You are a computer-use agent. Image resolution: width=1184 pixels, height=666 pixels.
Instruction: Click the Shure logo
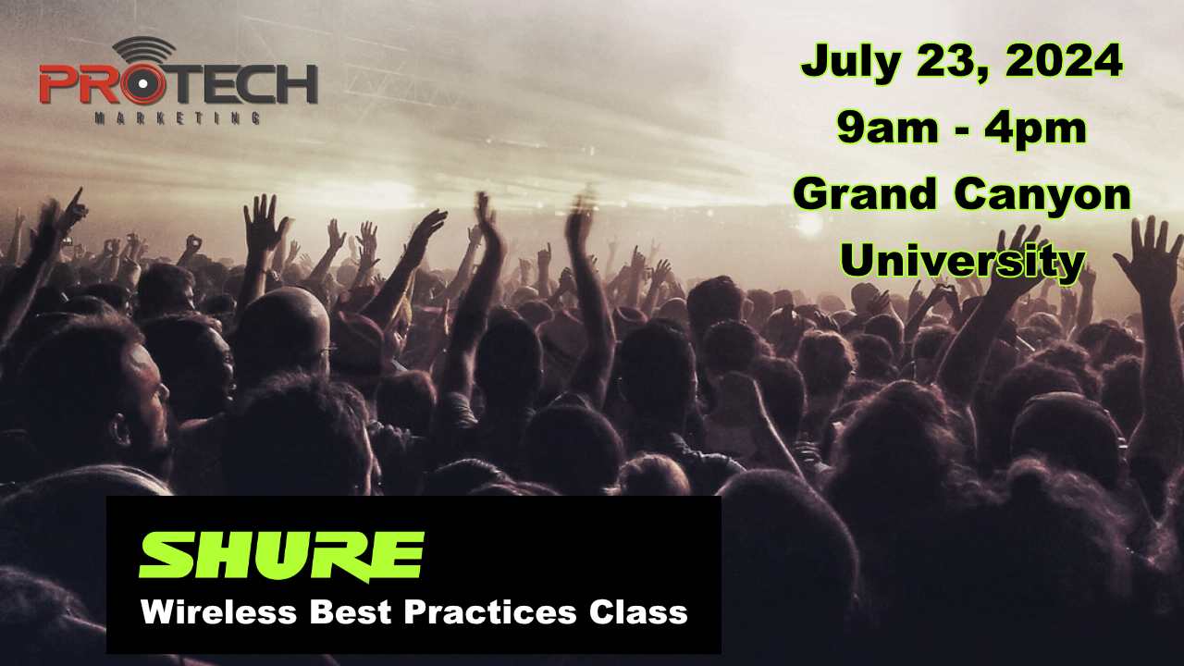tap(281, 555)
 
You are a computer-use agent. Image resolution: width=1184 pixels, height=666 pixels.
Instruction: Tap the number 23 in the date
tap(947, 63)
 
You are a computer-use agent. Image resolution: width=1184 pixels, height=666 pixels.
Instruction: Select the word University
tap(962, 262)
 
